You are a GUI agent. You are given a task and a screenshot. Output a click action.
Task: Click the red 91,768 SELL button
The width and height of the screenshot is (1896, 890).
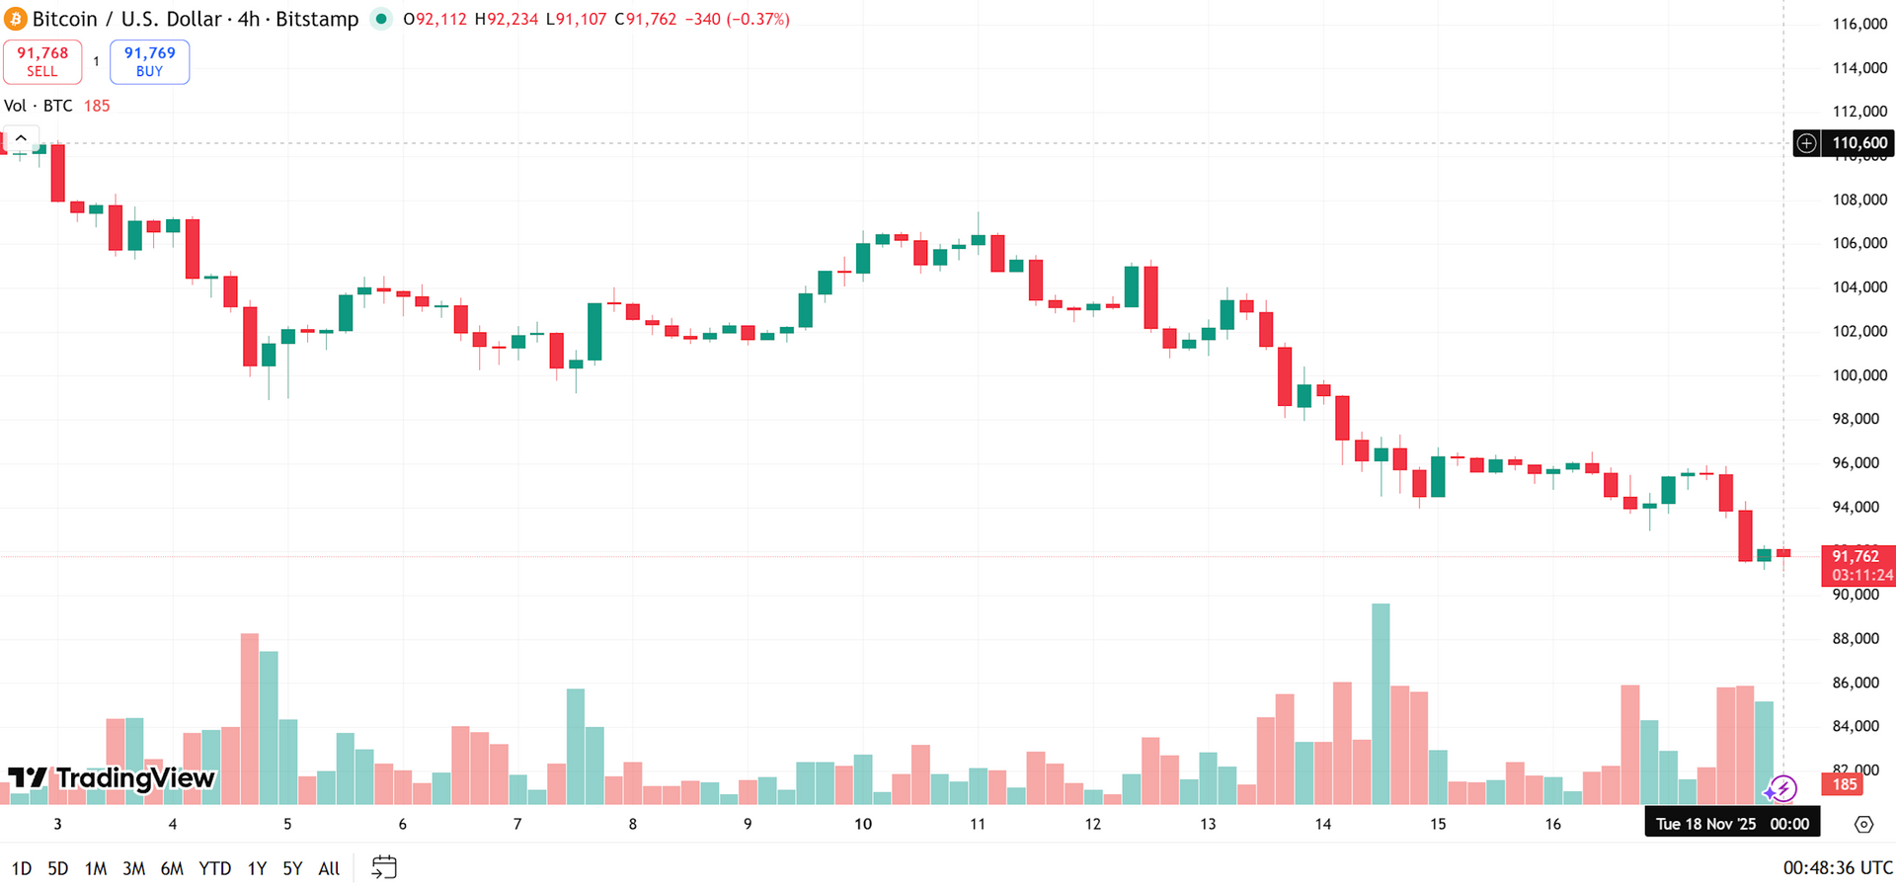coord(42,61)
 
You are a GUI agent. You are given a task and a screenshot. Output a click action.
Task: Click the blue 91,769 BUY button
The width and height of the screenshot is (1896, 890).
coord(149,61)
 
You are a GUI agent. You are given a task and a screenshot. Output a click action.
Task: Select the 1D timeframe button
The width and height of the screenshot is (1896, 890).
coord(21,868)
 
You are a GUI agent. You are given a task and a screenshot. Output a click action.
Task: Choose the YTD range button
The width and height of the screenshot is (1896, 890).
coord(214,868)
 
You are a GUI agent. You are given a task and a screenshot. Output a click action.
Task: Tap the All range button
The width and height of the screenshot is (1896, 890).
coord(329,868)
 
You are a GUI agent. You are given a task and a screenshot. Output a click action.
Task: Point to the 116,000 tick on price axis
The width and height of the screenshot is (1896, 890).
coord(1859,24)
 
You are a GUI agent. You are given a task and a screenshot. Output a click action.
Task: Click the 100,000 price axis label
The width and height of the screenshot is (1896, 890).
coord(1859,375)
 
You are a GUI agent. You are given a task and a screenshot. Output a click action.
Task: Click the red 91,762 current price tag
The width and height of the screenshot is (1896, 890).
coord(1857,565)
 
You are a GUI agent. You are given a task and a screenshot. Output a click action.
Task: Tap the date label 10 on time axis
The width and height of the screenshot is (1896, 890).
coord(863,824)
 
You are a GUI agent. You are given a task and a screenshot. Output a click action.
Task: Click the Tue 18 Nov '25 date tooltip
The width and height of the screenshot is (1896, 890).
coord(1731,824)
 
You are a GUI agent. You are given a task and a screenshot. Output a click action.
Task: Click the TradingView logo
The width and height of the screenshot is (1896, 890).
coord(111,778)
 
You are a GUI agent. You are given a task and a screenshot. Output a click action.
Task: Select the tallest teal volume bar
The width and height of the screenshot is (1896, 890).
coord(1381,703)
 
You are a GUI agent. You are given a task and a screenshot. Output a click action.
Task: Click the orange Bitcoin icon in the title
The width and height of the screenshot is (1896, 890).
coord(15,19)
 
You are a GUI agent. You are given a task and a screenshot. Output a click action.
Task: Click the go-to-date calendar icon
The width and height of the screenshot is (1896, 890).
coord(384,867)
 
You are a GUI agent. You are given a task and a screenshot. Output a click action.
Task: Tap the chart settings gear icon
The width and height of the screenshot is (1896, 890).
coord(1863,824)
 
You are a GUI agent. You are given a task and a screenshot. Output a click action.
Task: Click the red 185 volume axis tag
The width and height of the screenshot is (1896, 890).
coord(1845,784)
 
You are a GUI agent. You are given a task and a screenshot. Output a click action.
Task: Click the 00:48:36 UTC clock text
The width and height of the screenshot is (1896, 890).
coord(1837,868)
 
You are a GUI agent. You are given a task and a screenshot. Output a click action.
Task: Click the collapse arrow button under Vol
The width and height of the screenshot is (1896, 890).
coord(21,138)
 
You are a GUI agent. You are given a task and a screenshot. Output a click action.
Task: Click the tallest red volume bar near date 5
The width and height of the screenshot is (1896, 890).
coord(249,718)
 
